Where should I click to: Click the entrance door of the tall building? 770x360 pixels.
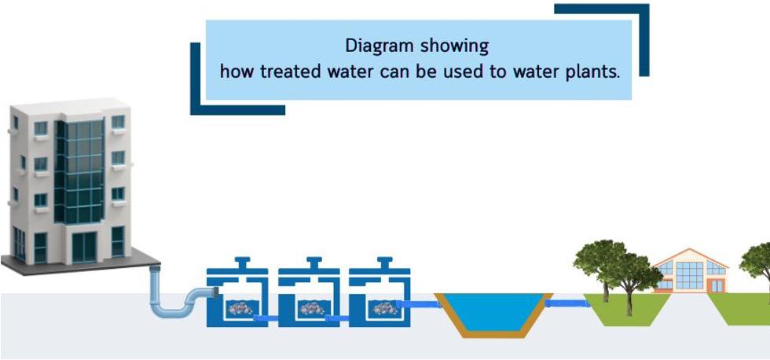coord(83,247)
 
